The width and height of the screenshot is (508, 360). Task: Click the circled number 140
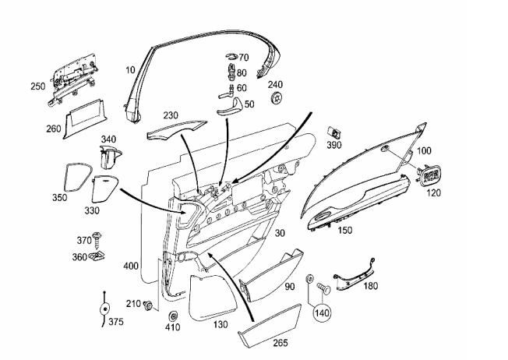[322, 313]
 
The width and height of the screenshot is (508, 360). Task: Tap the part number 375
[116, 322]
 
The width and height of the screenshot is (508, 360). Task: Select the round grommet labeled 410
[173, 316]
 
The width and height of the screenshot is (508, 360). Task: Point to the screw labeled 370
[97, 238]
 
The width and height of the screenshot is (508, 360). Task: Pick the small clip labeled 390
[335, 132]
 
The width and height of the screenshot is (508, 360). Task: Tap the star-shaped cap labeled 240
[276, 97]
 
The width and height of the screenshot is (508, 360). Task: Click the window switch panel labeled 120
[431, 175]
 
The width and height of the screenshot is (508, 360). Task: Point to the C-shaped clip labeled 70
[232, 56]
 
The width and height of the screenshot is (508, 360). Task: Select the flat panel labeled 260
[83, 119]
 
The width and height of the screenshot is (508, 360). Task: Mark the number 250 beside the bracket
[38, 86]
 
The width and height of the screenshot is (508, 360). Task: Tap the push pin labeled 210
[148, 305]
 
